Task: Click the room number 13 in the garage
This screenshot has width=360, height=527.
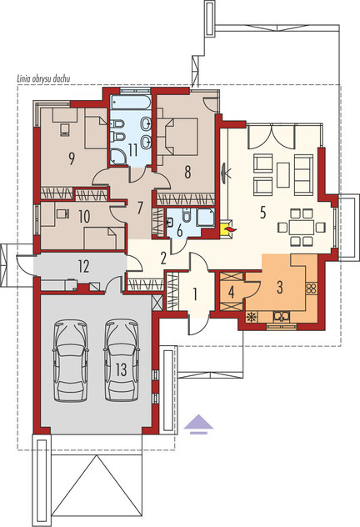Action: click(121, 369)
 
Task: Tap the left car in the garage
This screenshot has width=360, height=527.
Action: click(71, 360)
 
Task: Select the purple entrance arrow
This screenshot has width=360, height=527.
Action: click(198, 424)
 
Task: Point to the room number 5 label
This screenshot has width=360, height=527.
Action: click(262, 213)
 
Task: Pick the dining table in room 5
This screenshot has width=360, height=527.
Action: click(301, 228)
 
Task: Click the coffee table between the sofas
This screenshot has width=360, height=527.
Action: click(283, 174)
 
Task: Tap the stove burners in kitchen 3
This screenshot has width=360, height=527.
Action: click(312, 289)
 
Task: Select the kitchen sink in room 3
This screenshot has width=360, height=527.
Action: click(282, 317)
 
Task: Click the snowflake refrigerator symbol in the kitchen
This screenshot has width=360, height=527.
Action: click(251, 317)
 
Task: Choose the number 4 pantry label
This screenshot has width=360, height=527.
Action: click(231, 292)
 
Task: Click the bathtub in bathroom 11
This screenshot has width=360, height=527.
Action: click(131, 103)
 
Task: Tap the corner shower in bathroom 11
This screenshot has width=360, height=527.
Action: click(117, 157)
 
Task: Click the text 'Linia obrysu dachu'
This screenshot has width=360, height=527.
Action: click(43, 79)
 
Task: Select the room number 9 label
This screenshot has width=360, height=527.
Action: click(71, 158)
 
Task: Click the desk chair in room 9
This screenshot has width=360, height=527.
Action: click(65, 129)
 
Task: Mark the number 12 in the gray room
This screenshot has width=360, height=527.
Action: click(83, 267)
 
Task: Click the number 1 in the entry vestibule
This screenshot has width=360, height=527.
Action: click(195, 294)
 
